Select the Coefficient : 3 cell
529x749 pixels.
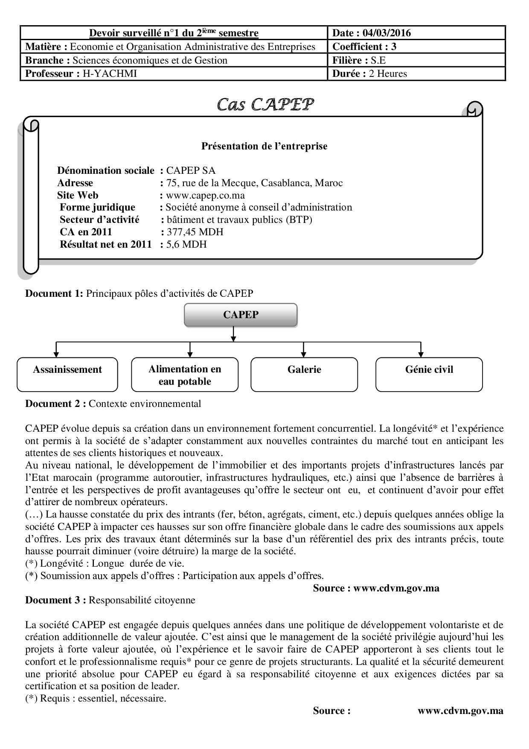click(x=364, y=47)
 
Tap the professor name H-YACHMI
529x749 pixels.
click(x=110, y=74)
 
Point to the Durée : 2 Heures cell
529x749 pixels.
click(x=369, y=74)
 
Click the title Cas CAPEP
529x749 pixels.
click(x=265, y=104)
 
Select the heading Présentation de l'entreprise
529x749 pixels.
click(x=264, y=146)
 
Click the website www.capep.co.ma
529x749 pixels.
click(x=205, y=196)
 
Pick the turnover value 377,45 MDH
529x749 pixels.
click(x=195, y=232)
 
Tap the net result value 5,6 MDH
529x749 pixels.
click(x=186, y=245)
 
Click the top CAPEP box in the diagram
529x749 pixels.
click(x=241, y=315)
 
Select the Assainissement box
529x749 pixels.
click(x=67, y=374)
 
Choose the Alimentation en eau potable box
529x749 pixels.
click(x=185, y=375)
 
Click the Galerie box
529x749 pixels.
click(x=304, y=374)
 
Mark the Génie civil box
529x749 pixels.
click(x=429, y=374)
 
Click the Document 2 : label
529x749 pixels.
click(x=56, y=404)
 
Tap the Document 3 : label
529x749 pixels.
click(x=56, y=600)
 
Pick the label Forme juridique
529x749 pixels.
click(x=97, y=208)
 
